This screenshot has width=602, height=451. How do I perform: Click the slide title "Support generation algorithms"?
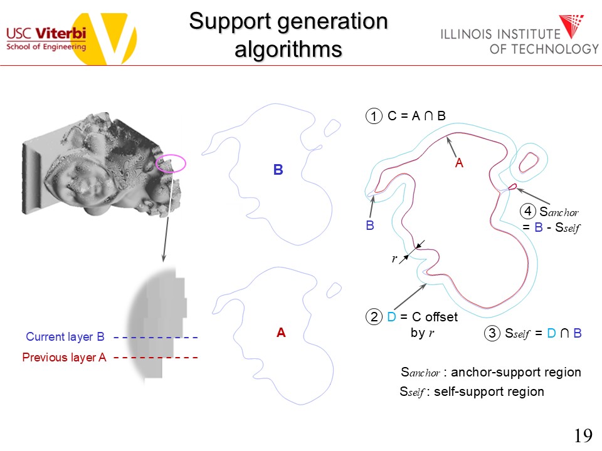[x=288, y=34]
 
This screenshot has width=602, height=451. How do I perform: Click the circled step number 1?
[x=374, y=117]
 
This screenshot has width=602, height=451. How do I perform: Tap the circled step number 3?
[x=492, y=334]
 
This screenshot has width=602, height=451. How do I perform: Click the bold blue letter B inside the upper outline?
[x=278, y=170]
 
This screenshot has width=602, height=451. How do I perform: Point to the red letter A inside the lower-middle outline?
[x=281, y=333]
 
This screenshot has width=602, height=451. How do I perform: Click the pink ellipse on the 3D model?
[x=171, y=163]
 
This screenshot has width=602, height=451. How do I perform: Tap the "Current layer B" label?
[x=65, y=337]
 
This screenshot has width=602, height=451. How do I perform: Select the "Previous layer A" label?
[x=64, y=358]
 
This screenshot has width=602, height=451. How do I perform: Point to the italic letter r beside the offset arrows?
[x=394, y=258]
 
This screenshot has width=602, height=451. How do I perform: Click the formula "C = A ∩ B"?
[x=416, y=116]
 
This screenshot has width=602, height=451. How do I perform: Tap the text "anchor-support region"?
[x=516, y=372]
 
